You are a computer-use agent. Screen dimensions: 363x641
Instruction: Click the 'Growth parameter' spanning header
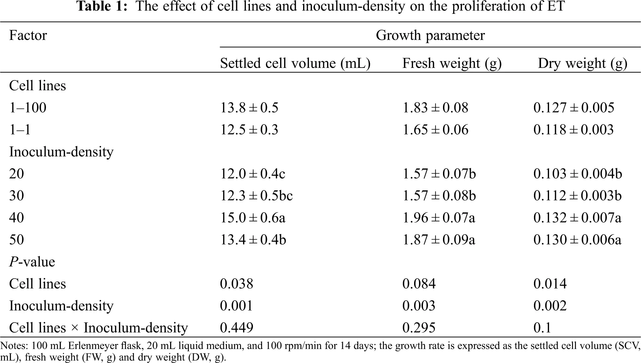430,35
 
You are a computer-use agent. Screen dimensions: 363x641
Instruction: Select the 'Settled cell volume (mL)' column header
295,63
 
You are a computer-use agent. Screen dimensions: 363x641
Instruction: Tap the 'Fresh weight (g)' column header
452,63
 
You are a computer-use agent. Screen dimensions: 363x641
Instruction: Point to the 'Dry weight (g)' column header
582,63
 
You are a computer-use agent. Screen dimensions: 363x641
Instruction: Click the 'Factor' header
28,35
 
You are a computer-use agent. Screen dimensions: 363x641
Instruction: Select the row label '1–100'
28,108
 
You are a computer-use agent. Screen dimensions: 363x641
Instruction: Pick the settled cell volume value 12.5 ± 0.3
249,130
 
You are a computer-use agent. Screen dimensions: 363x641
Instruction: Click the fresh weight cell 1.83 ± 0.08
435,108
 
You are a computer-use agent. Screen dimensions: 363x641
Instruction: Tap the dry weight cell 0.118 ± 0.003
573,130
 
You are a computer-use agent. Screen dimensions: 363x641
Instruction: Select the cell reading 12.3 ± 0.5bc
256,196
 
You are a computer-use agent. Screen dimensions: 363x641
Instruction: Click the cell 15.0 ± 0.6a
253,218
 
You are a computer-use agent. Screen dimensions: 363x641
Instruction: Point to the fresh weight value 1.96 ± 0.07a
439,218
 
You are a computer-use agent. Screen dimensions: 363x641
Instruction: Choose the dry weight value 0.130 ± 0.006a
577,240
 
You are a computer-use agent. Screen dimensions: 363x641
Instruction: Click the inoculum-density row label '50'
16,240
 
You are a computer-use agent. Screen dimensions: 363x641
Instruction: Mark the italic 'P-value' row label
32,262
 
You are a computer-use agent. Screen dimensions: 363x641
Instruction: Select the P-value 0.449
236,328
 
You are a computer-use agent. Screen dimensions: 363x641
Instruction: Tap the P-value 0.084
419,284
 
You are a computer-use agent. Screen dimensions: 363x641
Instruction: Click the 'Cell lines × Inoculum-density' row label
98,328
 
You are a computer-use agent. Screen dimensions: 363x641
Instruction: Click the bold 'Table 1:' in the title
102,6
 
